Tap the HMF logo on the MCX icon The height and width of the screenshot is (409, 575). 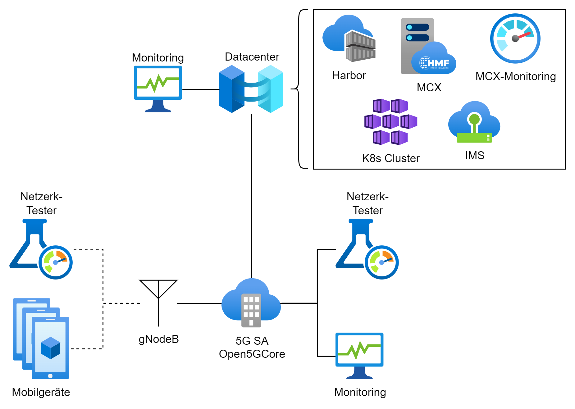pyautogui.click(x=434, y=63)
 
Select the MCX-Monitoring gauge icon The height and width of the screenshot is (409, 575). pyautogui.click(x=515, y=39)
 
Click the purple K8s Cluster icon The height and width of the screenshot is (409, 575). pyautogui.click(x=390, y=122)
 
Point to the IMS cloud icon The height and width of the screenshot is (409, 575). pyautogui.click(x=474, y=123)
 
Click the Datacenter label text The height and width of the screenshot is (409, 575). pyautogui.click(x=252, y=57)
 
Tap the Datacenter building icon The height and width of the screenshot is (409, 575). pyautogui.click(x=251, y=89)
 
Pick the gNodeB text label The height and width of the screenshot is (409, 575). pyautogui.click(x=158, y=339)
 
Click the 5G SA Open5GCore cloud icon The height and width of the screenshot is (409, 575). pyautogui.click(x=251, y=303)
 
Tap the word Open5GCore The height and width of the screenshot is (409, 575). pyautogui.click(x=252, y=354)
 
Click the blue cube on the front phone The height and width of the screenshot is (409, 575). pyautogui.click(x=50, y=348)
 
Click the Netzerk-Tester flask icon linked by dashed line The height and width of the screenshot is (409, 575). pyautogui.click(x=40, y=248)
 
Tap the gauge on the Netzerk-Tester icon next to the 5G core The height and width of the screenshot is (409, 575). pyautogui.click(x=381, y=262)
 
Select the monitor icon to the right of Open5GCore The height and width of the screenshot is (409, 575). pyautogui.click(x=359, y=356)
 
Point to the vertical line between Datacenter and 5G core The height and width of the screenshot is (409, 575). pyautogui.click(x=251, y=196)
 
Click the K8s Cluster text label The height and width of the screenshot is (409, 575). pyautogui.click(x=390, y=158)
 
